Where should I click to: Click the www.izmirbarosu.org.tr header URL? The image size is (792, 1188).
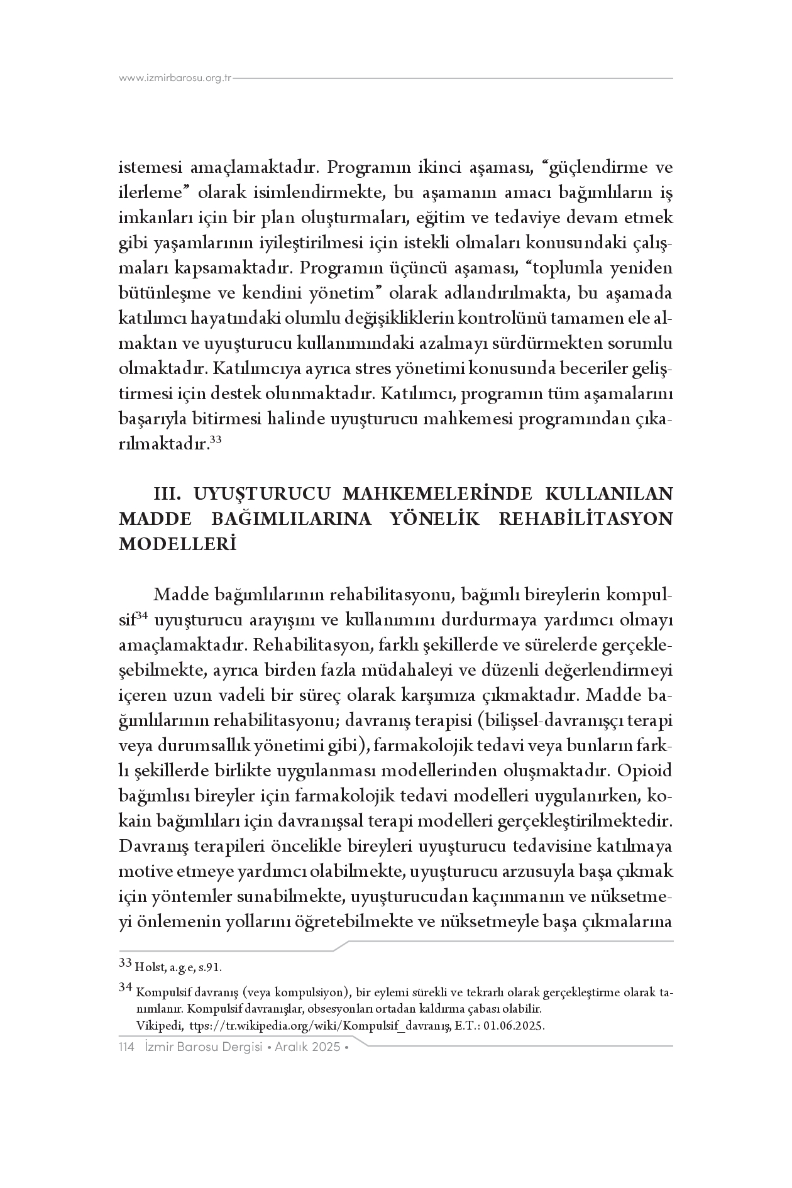point(175,79)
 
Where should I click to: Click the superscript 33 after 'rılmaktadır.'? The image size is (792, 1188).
point(215,441)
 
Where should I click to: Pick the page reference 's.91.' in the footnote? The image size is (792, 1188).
point(210,966)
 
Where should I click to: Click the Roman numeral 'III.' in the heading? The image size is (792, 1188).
point(168,493)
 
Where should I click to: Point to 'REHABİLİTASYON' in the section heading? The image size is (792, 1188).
point(587,519)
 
